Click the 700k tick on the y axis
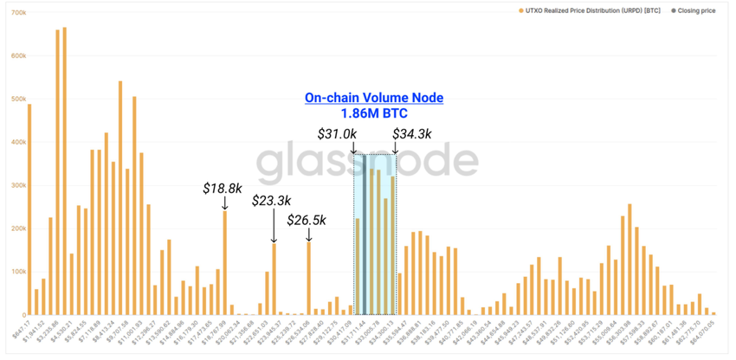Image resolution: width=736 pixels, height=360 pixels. [17, 14]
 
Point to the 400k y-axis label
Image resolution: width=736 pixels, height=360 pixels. [17, 143]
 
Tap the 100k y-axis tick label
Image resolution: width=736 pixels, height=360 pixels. [17, 272]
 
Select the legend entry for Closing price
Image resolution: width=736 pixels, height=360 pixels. [690, 10]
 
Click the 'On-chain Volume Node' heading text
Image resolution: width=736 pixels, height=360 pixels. [373, 98]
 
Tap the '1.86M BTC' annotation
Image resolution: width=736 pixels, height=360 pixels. [373, 113]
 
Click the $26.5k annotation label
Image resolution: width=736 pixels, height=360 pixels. [307, 220]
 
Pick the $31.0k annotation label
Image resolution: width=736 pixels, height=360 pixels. [337, 134]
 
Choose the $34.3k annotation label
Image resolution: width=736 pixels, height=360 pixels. [412, 134]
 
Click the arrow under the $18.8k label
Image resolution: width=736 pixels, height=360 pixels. [225, 202]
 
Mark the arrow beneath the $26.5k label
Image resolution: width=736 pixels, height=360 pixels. [309, 235]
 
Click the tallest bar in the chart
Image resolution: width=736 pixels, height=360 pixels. [64, 173]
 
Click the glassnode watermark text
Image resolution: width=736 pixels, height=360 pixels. [367, 161]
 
